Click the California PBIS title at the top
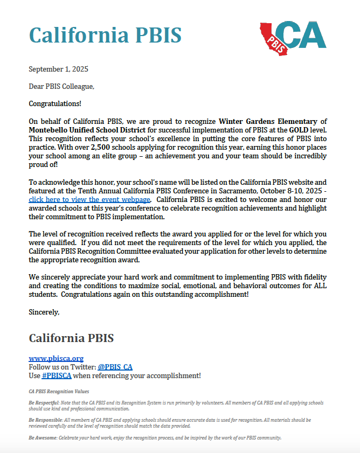click(105, 36)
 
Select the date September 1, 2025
click(58, 69)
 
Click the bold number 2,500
click(101, 147)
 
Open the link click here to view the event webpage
click(89, 199)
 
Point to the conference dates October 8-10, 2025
click(284, 191)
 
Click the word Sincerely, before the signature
click(44, 312)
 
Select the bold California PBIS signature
click(71, 338)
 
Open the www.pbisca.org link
click(56, 358)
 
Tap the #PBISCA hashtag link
click(57, 375)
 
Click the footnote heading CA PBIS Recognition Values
click(59, 391)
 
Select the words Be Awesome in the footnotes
click(43, 437)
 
